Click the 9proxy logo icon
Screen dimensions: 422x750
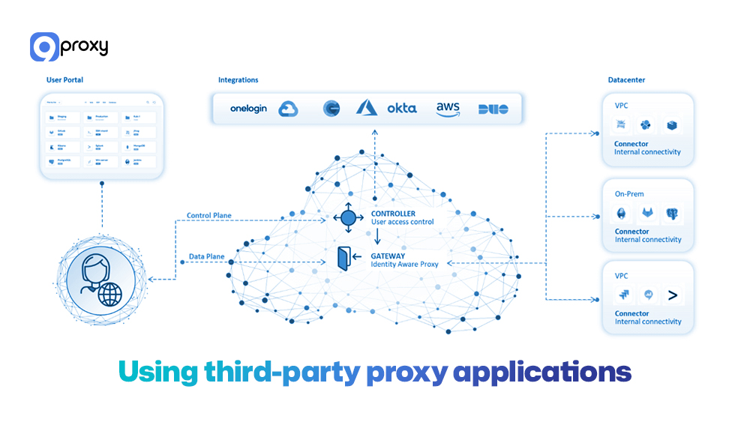44,46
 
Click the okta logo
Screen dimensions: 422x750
401,109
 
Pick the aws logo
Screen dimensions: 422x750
448,109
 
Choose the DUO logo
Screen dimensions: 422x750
493,109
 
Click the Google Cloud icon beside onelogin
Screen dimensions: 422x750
289,109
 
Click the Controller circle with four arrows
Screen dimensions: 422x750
348,218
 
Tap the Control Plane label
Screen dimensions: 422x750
208,216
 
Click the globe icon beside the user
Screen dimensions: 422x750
109,294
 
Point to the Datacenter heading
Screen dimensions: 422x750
626,79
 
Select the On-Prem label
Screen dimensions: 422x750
629,194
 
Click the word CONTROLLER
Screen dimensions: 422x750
393,214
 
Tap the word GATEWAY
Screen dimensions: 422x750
388,256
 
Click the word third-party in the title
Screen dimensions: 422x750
280,373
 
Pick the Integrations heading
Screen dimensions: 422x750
238,79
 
